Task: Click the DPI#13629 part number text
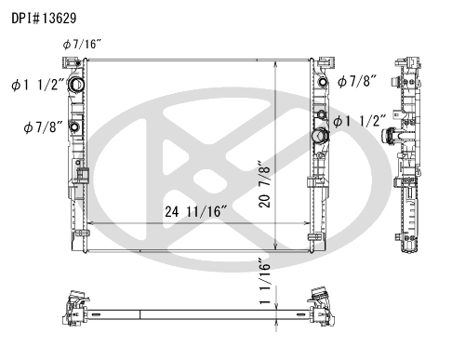44,19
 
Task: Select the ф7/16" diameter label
82,45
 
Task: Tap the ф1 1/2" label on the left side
38,85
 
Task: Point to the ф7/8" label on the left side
43,127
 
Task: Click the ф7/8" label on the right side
357,81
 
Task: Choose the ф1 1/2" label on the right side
360,121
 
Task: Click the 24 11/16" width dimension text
196,212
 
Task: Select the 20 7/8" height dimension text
264,184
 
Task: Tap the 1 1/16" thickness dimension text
265,281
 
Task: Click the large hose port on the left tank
75,85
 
